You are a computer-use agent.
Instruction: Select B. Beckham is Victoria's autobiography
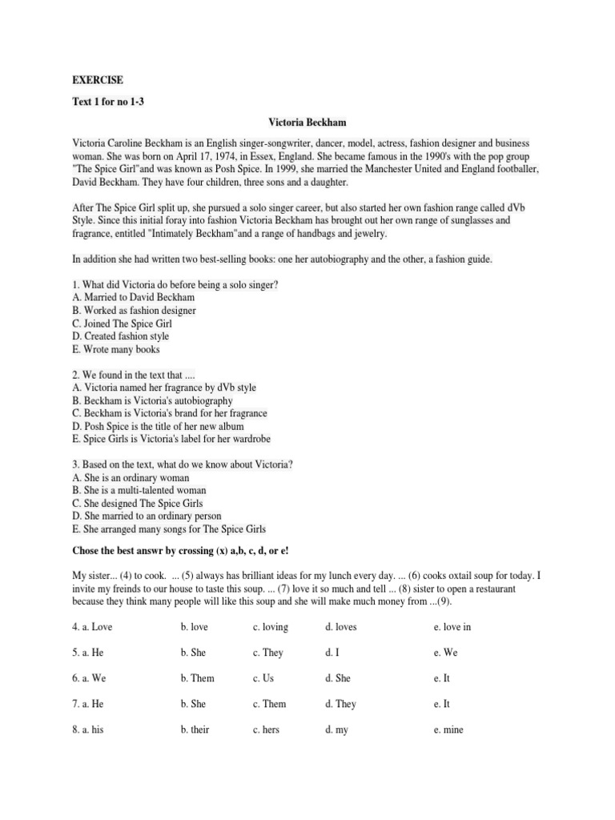coord(152,400)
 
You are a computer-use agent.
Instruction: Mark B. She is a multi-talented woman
coord(139,490)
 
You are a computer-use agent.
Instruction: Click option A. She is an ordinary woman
coord(131,477)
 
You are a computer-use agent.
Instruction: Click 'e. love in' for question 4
coord(452,627)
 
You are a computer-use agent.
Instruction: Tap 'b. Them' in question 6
coord(198,678)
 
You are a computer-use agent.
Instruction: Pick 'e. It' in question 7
coord(442,704)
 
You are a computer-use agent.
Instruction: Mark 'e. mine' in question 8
coord(448,730)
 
